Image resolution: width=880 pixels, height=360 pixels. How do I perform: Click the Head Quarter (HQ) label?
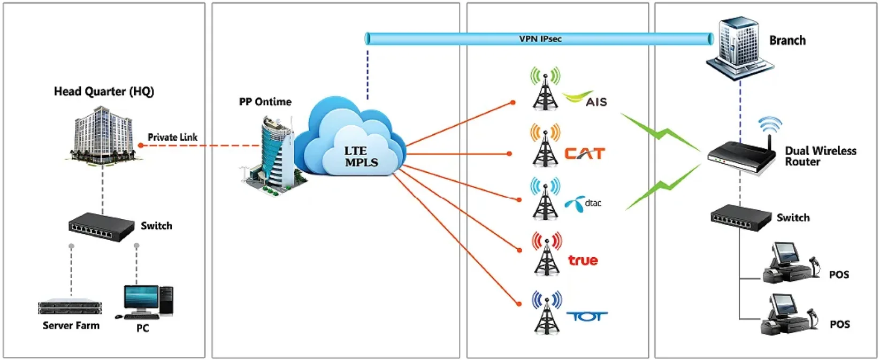[x=104, y=91]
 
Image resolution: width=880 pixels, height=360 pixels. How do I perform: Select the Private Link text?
[x=172, y=137]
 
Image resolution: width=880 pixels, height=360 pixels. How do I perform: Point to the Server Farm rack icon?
[x=70, y=307]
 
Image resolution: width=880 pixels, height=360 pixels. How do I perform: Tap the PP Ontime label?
[x=265, y=102]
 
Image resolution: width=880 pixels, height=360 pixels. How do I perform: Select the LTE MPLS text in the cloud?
[x=361, y=156]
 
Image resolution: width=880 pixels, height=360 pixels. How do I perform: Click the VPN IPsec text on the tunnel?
[x=540, y=39]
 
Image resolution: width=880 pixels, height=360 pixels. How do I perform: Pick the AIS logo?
[x=585, y=99]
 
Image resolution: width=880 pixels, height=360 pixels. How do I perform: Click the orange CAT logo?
[x=584, y=154]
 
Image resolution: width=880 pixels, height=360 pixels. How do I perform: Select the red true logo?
[x=583, y=261]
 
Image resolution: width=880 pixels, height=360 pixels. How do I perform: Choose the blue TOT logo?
[x=587, y=317]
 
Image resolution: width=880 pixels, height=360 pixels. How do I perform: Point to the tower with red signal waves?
[x=546, y=254]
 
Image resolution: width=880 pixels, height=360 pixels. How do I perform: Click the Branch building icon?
[x=739, y=48]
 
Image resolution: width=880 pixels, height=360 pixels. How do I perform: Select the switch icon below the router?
[x=741, y=217]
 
